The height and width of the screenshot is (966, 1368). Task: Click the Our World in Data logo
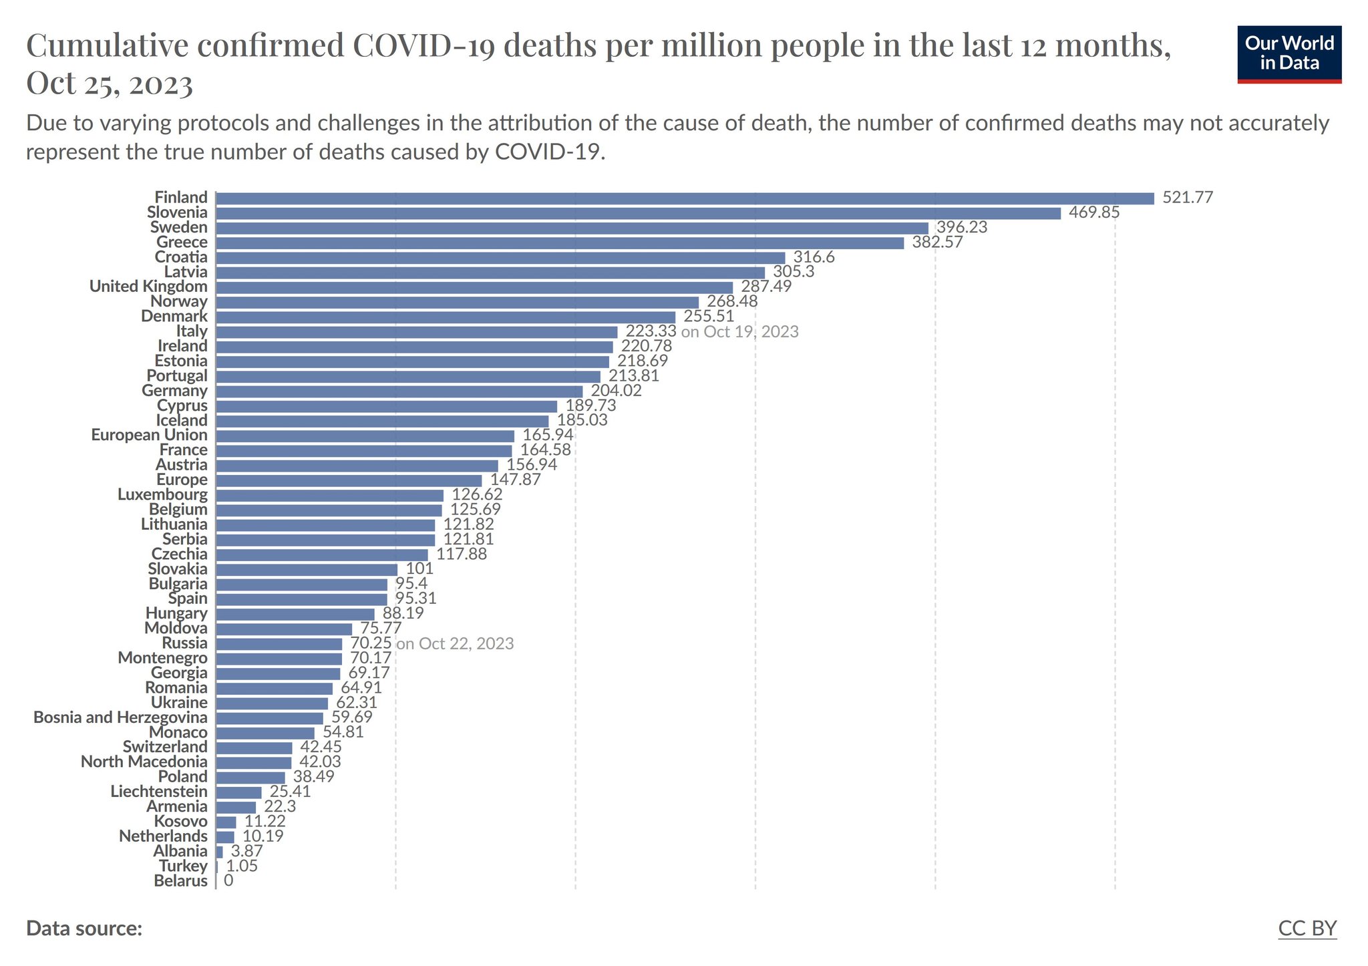click(x=1289, y=54)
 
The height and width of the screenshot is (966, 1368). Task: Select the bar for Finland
click(x=685, y=198)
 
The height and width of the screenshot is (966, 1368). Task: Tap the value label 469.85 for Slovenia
click(x=1094, y=213)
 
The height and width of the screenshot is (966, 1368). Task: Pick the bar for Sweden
click(x=572, y=228)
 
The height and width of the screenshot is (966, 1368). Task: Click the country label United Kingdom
click(x=148, y=287)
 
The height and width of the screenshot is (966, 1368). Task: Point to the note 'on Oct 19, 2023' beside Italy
click(x=739, y=332)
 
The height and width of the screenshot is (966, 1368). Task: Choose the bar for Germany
click(x=399, y=391)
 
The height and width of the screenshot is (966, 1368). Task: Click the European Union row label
click(x=149, y=435)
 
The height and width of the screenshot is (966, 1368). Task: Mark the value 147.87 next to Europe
click(x=515, y=480)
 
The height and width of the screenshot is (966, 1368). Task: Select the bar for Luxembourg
click(x=329, y=495)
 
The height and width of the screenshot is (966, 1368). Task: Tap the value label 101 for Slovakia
click(x=419, y=569)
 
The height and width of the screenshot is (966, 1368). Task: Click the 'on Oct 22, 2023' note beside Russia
click(x=455, y=644)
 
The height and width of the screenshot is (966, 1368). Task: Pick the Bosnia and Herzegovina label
click(x=120, y=717)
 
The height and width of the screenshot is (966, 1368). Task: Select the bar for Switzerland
click(x=254, y=748)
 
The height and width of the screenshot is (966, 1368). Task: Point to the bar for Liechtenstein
click(x=238, y=792)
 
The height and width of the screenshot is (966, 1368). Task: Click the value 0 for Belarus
click(x=228, y=881)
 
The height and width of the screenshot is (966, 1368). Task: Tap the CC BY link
click(x=1307, y=929)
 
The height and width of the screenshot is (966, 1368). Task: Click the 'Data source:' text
click(x=84, y=929)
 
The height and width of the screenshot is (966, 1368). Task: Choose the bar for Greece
click(x=560, y=243)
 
